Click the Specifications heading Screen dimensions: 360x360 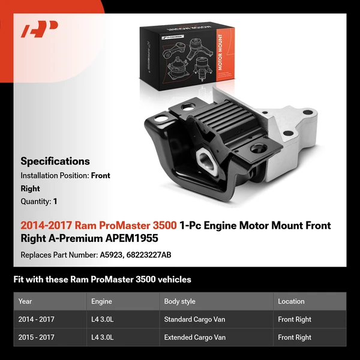click(55, 161)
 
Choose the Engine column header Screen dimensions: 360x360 click(101, 301)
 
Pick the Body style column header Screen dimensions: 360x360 click(179, 301)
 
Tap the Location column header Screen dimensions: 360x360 click(291, 301)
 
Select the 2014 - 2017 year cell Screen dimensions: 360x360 click(37, 319)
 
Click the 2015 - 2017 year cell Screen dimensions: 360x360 click(37, 337)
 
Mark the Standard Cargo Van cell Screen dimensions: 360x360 click(194, 319)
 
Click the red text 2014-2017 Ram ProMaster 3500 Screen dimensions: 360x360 click(98, 226)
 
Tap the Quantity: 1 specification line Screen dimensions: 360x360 click(39, 202)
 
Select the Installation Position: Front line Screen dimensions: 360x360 click(65, 176)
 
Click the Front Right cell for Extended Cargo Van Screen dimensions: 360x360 click(295, 337)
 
